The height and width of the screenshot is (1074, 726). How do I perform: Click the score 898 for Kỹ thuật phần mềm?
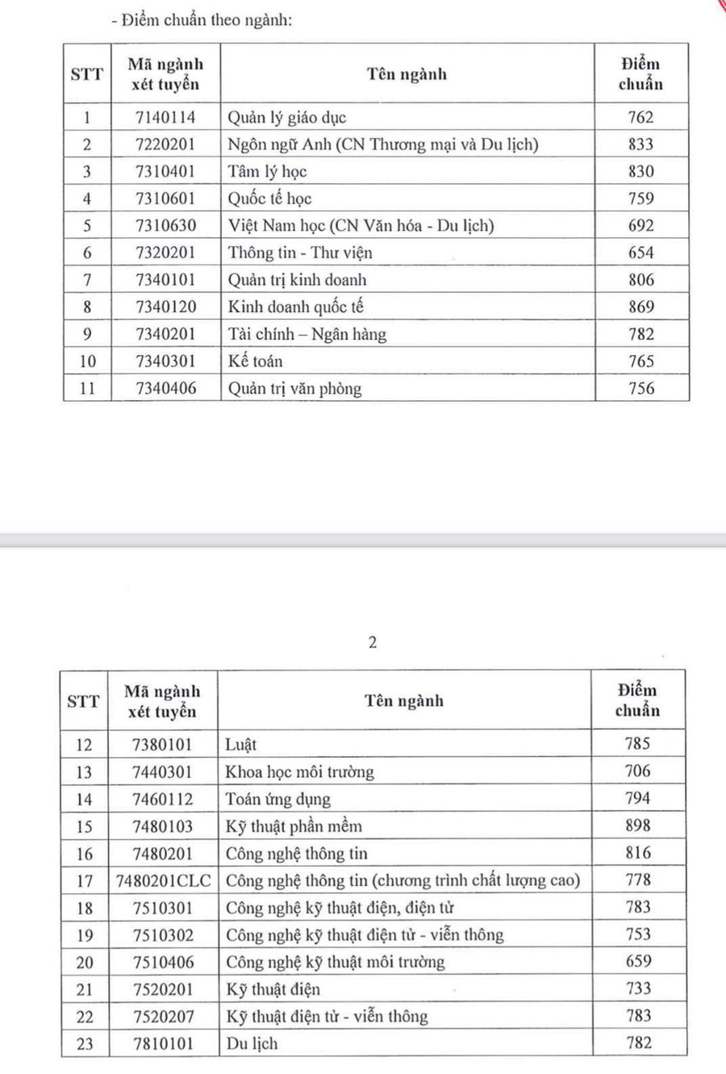(x=637, y=825)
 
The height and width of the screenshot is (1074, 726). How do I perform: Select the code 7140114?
(x=165, y=117)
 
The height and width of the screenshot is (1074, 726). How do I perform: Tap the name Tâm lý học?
(x=267, y=171)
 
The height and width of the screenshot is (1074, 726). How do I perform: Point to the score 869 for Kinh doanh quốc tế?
(x=641, y=307)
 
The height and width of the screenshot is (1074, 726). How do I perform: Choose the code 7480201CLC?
(x=164, y=880)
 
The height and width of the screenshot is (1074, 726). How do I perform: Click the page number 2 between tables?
(x=372, y=642)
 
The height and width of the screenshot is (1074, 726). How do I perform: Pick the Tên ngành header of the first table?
(x=407, y=74)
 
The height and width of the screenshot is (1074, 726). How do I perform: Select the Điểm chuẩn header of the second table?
(x=637, y=700)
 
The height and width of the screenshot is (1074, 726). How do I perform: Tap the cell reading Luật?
(x=240, y=745)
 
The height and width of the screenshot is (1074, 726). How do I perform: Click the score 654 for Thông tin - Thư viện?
(x=641, y=253)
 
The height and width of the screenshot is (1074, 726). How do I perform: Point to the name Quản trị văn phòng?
(x=294, y=388)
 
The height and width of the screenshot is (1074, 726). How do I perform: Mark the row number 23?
(x=85, y=1043)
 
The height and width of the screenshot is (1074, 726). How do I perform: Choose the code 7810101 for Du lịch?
(x=163, y=1043)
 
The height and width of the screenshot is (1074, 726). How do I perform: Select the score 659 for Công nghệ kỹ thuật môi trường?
(x=638, y=961)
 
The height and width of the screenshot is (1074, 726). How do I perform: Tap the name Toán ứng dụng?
(x=278, y=799)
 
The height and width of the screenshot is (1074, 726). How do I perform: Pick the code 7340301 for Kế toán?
(x=165, y=361)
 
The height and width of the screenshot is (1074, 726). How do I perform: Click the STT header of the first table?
(x=87, y=74)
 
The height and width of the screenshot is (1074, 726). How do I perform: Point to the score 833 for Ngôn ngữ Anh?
(x=641, y=144)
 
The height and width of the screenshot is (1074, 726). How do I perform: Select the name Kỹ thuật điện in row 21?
(x=273, y=988)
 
